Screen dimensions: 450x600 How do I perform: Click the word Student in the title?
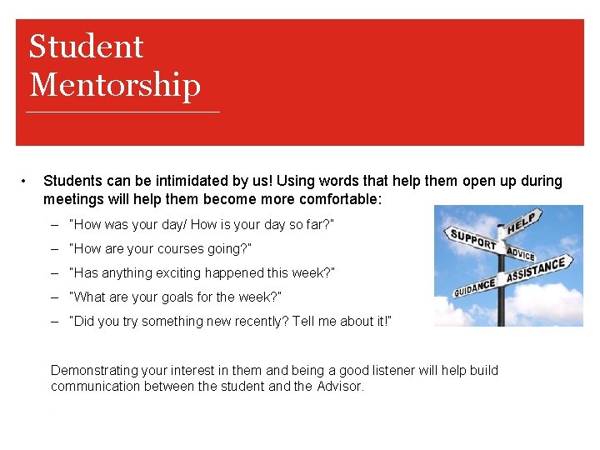coord(86,47)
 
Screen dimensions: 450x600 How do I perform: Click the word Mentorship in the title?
coord(115,85)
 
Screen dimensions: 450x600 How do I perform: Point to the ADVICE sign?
coord(521,253)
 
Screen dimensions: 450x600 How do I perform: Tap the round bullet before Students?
coord(27,181)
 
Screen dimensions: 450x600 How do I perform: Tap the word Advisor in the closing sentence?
coord(340,386)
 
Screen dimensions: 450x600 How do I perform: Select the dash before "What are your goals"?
coord(54,297)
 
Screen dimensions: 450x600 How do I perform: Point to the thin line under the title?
coord(123,112)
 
